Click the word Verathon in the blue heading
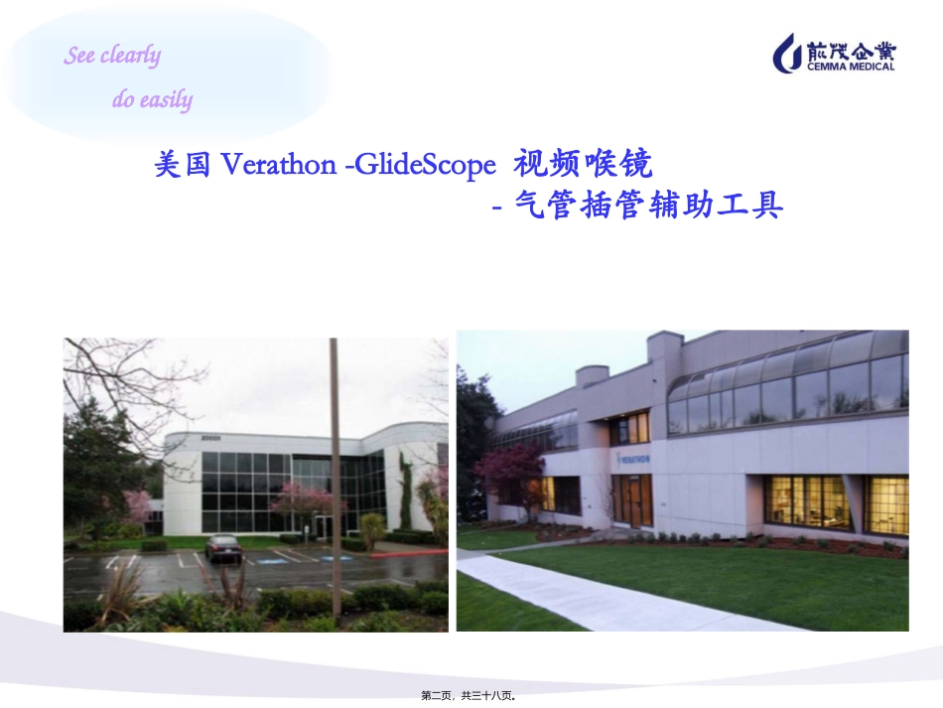276,165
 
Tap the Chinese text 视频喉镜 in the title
584,163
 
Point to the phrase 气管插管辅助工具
649,207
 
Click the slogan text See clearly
112,56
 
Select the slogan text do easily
152,99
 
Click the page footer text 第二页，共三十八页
471,697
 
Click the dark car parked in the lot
222,547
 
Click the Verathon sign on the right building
634,459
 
